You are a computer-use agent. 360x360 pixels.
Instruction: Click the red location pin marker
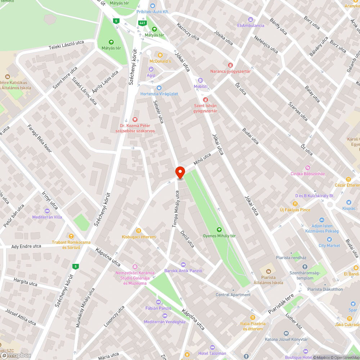point(180,172)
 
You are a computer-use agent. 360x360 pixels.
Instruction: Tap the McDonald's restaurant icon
point(160,55)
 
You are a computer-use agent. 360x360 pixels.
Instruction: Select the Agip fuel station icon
point(151,69)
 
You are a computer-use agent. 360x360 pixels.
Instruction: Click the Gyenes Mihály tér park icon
point(219,229)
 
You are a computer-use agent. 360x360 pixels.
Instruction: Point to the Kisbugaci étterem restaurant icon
point(138,230)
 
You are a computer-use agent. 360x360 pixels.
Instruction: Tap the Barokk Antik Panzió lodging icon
point(183,265)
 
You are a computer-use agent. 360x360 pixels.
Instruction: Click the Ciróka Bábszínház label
point(307,174)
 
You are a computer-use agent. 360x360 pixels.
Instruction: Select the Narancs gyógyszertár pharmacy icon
point(230,65)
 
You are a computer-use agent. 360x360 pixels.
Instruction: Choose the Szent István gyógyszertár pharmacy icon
point(205,99)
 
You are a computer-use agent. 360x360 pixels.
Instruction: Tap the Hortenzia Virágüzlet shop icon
point(159,87)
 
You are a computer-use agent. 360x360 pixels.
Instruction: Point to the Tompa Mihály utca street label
point(175,209)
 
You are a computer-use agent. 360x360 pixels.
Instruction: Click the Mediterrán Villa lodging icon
point(47,211)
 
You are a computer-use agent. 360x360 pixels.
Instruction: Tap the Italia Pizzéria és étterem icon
point(253,317)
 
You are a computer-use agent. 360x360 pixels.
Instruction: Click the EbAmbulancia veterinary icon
point(251,19)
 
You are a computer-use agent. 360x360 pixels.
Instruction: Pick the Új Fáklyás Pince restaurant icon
point(295,203)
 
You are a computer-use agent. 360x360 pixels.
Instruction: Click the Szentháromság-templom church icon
point(305,267)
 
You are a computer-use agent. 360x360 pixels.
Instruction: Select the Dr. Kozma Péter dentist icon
point(135,119)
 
